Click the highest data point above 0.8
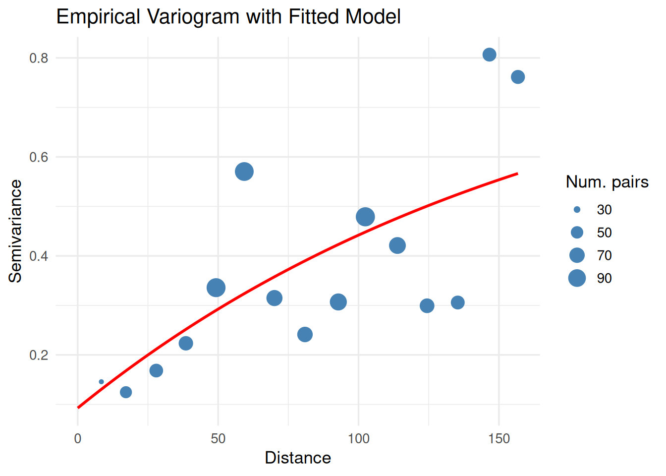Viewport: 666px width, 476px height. click(x=489, y=55)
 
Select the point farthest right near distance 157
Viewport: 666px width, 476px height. click(x=518, y=77)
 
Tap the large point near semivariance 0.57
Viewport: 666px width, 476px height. click(x=244, y=172)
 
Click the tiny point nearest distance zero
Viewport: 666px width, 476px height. click(x=101, y=382)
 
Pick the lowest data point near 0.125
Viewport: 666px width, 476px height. click(x=126, y=392)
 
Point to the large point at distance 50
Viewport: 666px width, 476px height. click(x=216, y=288)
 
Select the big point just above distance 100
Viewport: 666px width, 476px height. click(x=365, y=217)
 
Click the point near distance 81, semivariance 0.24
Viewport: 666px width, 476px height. click(x=305, y=335)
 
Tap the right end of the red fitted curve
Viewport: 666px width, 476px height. click(x=517, y=174)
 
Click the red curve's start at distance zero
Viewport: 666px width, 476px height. click(x=78, y=408)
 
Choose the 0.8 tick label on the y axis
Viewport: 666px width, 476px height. click(x=39, y=58)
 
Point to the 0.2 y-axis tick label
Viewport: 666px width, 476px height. click(x=39, y=355)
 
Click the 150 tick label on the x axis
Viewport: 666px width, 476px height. click(x=499, y=439)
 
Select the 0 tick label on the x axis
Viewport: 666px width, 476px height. click(x=78, y=439)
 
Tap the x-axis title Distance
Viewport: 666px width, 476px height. click(x=298, y=458)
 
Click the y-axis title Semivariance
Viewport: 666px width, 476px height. click(x=15, y=231)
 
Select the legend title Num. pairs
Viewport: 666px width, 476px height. click(x=607, y=182)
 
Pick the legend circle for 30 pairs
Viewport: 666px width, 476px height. click(x=577, y=210)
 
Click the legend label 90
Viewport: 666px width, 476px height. click(x=604, y=278)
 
